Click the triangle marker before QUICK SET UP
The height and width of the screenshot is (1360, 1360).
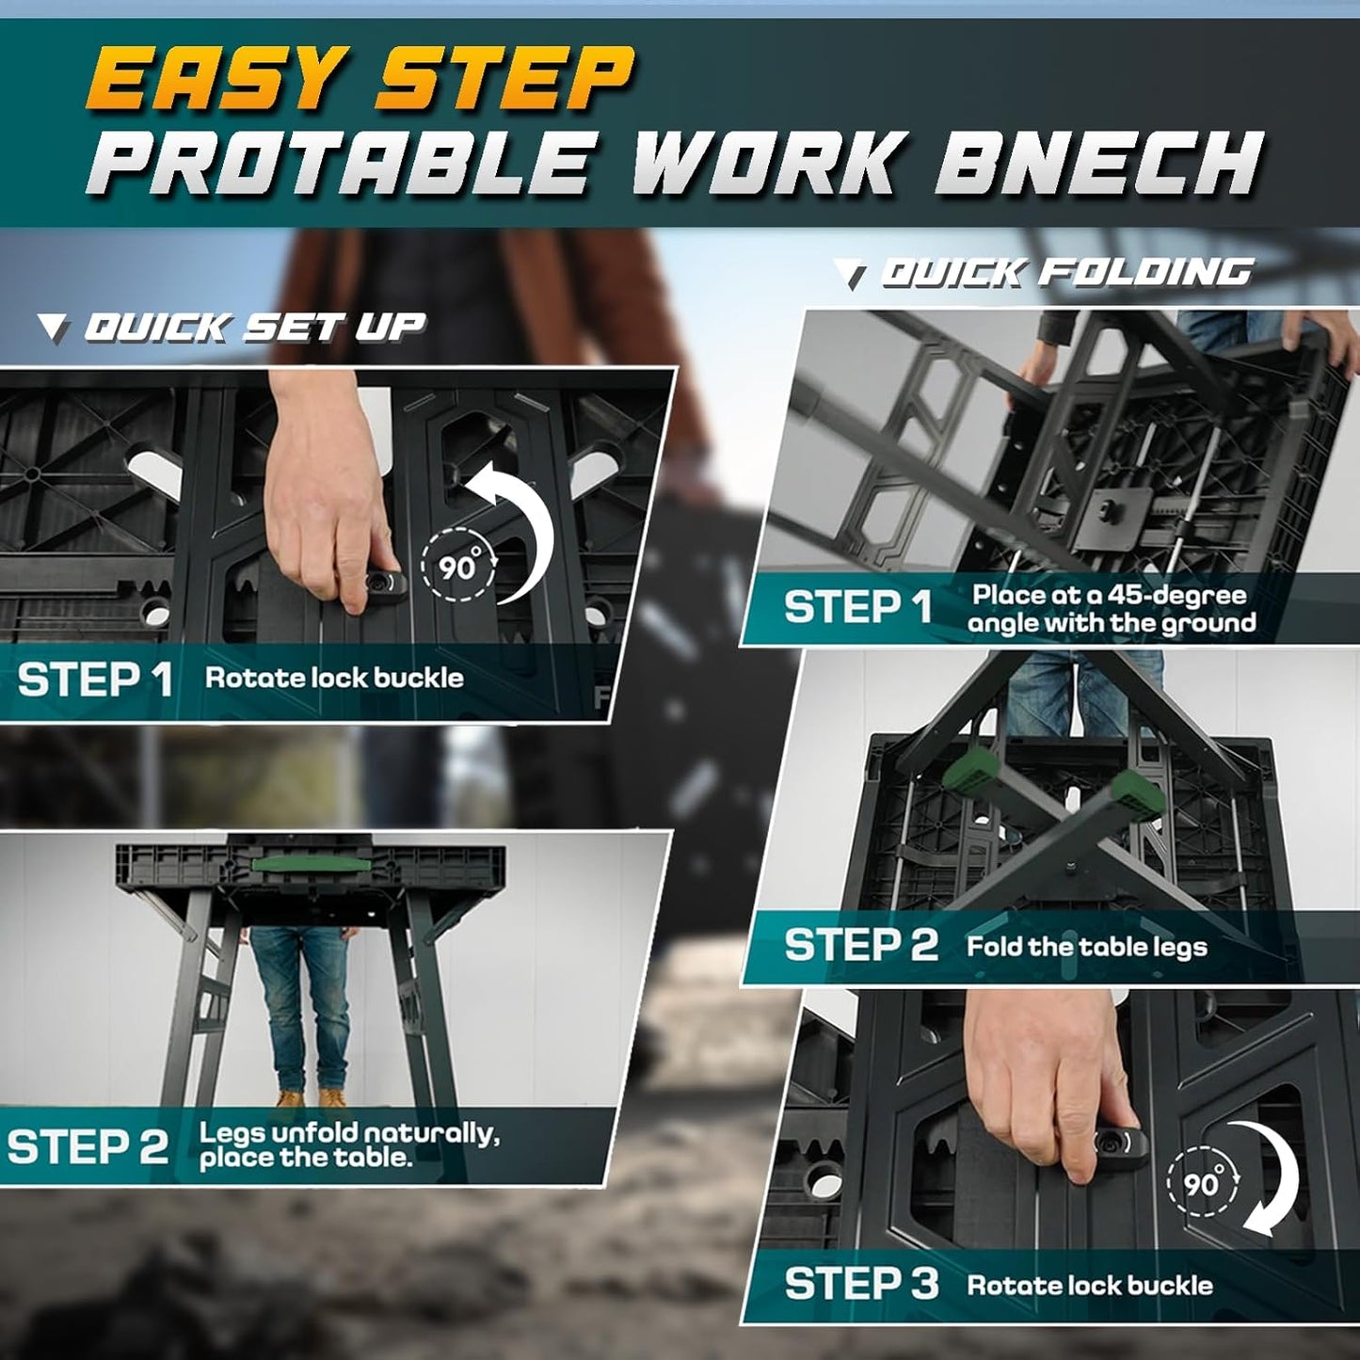click(x=54, y=328)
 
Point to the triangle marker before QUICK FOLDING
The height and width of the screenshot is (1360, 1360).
click(x=855, y=276)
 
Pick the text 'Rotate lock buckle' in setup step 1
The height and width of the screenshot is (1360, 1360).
click(x=334, y=679)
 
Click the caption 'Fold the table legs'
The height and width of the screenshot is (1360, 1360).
click(x=1086, y=946)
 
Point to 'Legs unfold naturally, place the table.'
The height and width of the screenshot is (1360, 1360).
click(x=348, y=1144)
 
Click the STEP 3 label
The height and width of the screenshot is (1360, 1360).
click(x=861, y=1284)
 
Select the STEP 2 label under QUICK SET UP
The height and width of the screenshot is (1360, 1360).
click(x=87, y=1147)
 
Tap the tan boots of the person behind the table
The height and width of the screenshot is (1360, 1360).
click(x=311, y=1098)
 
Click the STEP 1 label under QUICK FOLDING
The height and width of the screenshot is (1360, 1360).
click(x=857, y=607)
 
